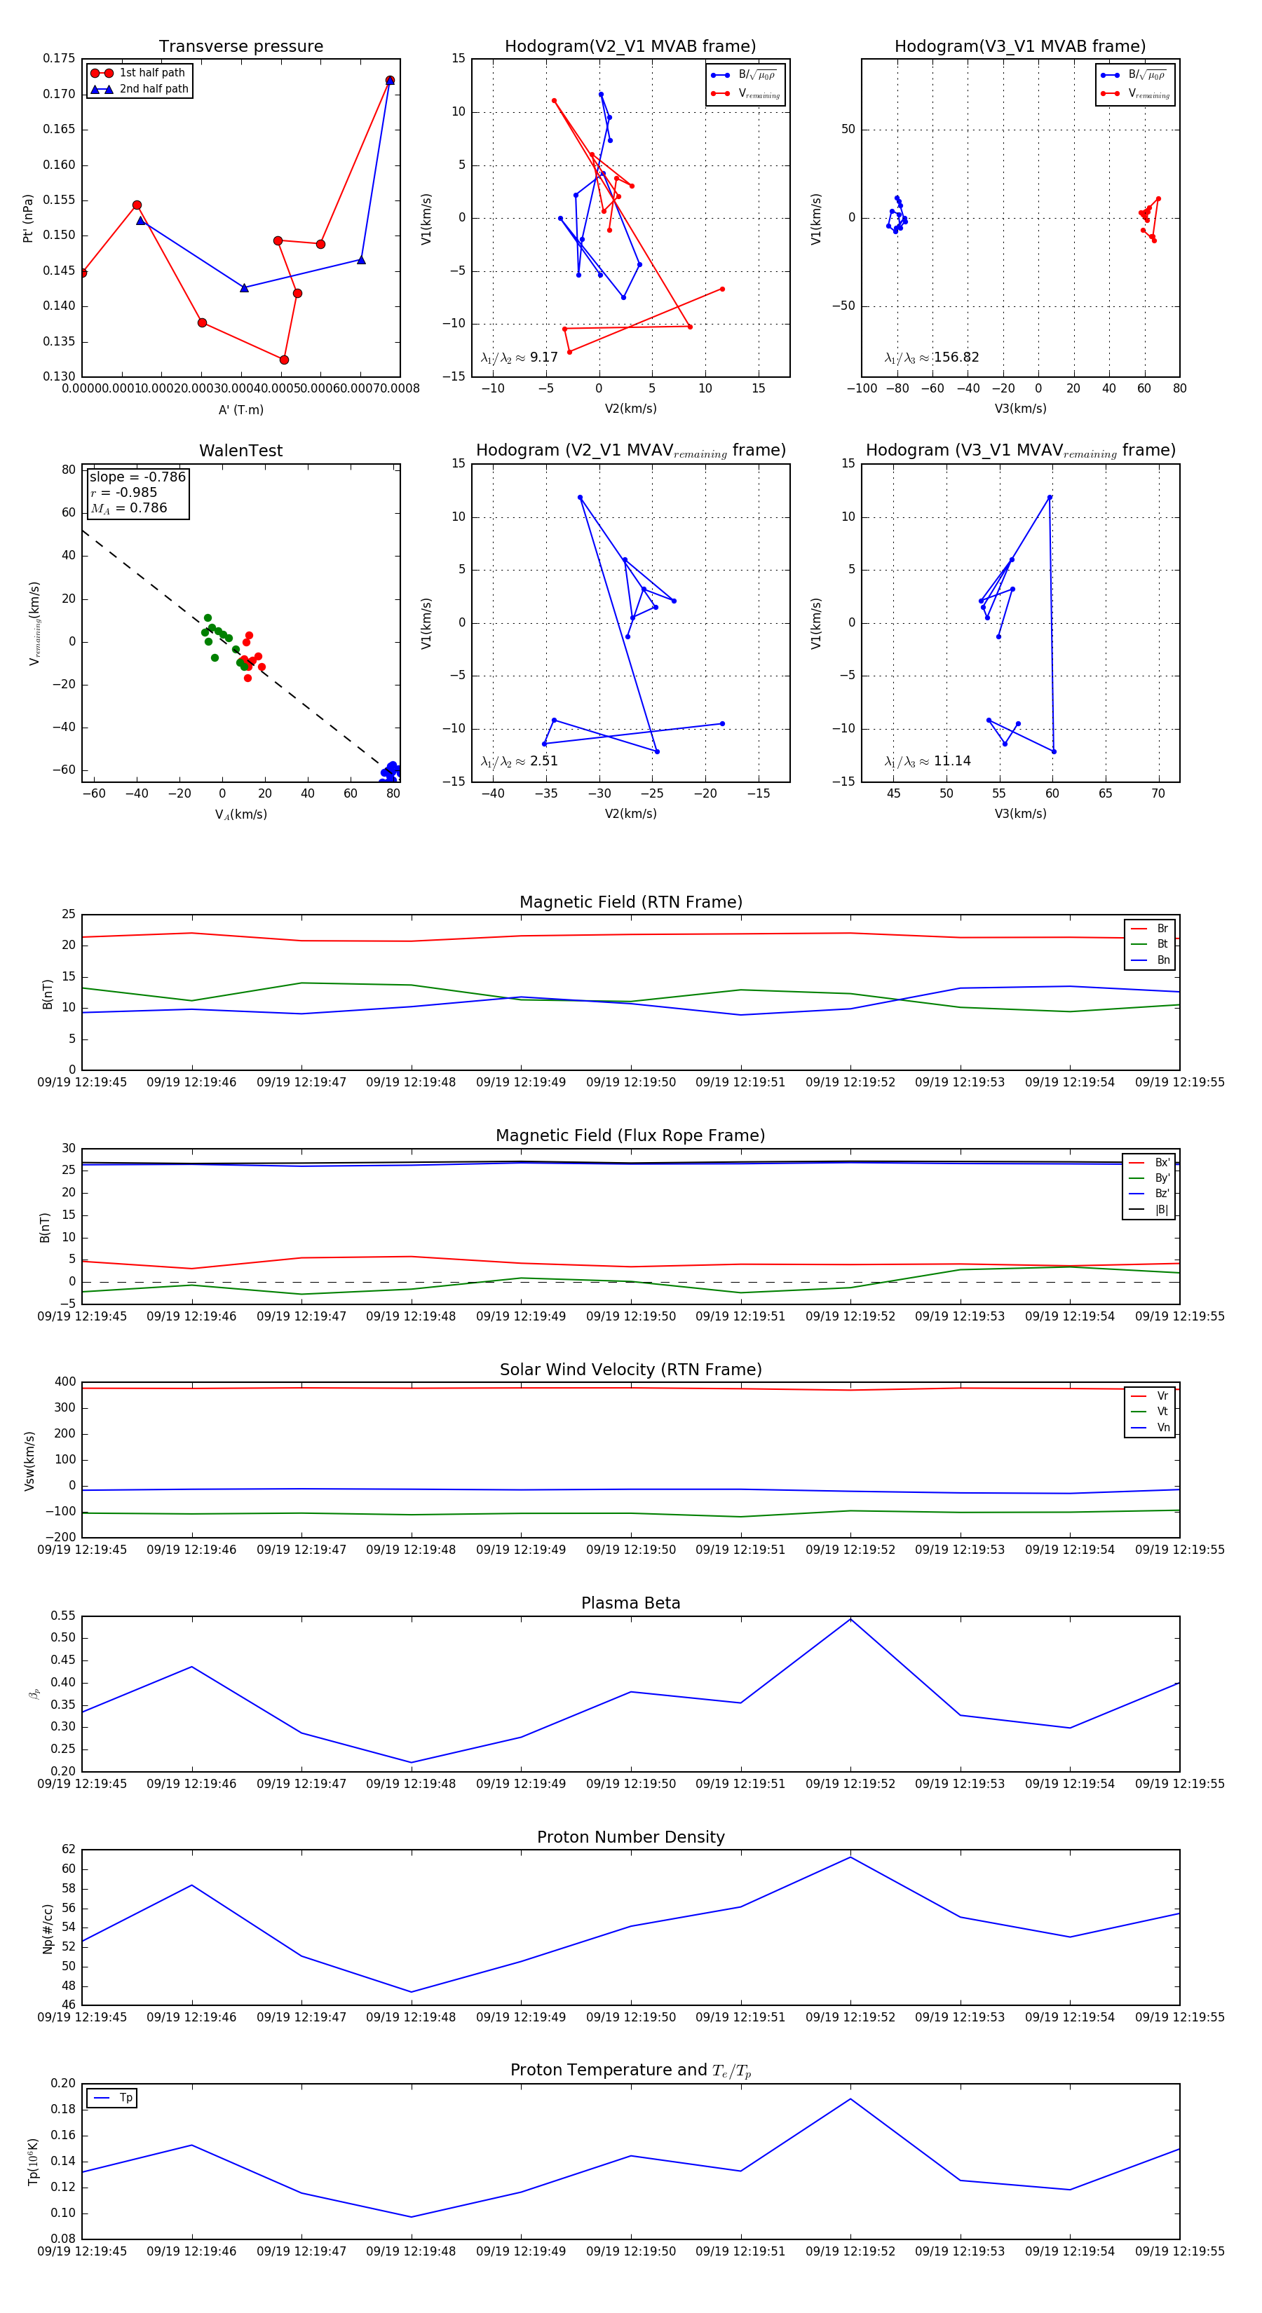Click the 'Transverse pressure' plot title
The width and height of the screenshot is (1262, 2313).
click(x=240, y=47)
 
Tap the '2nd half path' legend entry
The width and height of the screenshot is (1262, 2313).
click(x=154, y=89)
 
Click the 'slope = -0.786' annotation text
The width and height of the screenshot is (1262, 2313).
click(x=137, y=477)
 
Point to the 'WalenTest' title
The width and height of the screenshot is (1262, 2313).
click(x=240, y=451)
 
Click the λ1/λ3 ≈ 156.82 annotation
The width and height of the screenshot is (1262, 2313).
click(x=932, y=357)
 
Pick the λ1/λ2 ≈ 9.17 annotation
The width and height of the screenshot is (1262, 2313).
click(x=519, y=357)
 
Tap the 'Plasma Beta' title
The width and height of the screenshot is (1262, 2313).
click(x=630, y=1603)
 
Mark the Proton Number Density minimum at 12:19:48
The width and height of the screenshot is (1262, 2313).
click(x=412, y=1991)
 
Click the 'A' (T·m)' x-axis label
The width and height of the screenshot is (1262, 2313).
click(x=240, y=409)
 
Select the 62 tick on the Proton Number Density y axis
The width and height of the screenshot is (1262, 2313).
click(x=68, y=1850)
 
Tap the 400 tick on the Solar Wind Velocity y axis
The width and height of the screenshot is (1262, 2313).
click(x=65, y=1382)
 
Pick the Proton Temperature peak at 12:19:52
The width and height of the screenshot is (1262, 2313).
click(x=850, y=2099)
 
